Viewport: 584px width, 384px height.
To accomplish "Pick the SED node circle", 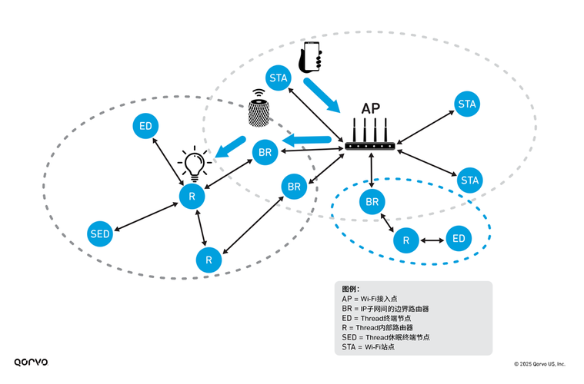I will pos(100,233).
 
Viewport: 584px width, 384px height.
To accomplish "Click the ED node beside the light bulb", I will pos(145,126).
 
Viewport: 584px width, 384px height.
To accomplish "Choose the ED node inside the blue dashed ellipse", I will pos(459,239).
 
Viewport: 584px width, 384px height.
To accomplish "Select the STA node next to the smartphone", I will pos(279,78).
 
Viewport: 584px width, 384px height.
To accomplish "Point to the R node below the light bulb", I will pos(191,197).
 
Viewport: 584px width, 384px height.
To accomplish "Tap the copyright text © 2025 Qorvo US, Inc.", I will pos(539,363).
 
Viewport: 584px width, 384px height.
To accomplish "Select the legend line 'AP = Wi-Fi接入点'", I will pos(369,298).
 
